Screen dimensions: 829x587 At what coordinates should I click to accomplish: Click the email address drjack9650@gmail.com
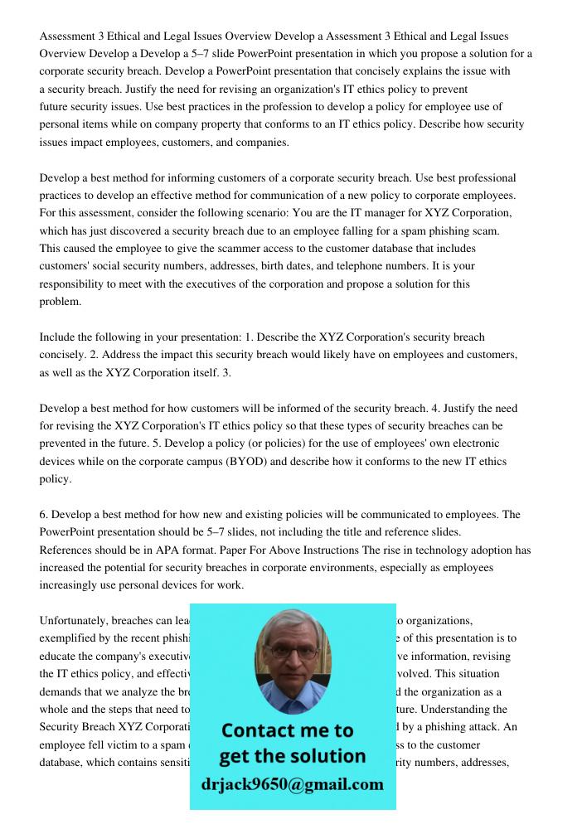click(292, 784)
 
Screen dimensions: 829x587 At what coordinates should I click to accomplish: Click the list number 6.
click(44, 514)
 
